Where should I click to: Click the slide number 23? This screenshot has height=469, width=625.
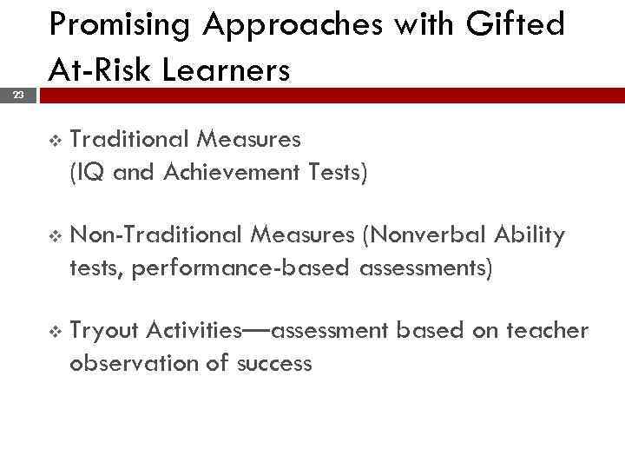tap(18, 96)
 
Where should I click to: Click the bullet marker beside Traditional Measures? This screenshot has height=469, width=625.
tap(56, 140)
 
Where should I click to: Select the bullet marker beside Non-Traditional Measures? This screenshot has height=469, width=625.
tap(56, 236)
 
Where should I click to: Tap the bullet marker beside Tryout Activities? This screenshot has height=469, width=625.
tap(56, 332)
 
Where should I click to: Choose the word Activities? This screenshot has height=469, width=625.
tap(194, 331)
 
